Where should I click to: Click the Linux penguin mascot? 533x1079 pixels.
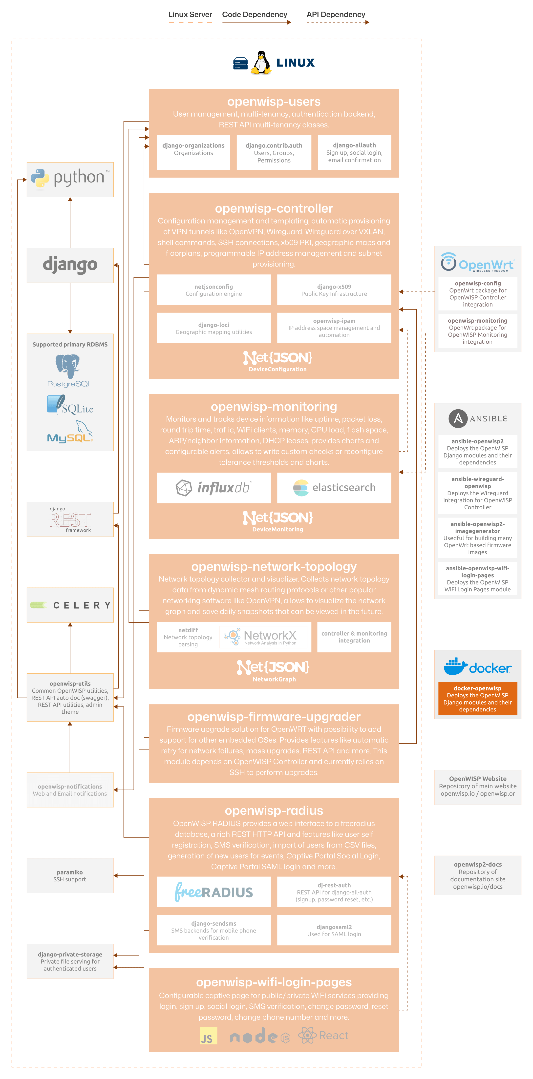[x=261, y=63]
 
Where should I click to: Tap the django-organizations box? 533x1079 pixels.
[x=193, y=152]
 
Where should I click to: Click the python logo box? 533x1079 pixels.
[x=70, y=179]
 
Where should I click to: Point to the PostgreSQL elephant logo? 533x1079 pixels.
[x=67, y=365]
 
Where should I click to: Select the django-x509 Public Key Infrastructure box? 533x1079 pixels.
[x=334, y=290]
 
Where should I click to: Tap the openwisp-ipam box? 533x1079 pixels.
[x=334, y=328]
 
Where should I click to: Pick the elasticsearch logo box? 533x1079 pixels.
[x=334, y=488]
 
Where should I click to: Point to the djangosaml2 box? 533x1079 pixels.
[x=334, y=930]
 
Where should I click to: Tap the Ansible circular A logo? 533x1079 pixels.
[x=458, y=418]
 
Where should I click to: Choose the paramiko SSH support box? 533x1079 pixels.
[x=70, y=875]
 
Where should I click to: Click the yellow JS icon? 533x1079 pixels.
[x=208, y=1036]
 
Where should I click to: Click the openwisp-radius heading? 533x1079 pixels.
[x=274, y=810]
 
